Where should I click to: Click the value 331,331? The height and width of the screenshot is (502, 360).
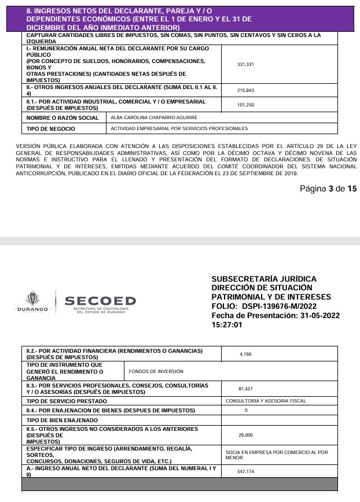[x=246, y=64]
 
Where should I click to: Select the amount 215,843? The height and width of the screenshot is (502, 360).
[x=246, y=91]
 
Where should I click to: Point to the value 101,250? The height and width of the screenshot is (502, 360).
[x=246, y=105]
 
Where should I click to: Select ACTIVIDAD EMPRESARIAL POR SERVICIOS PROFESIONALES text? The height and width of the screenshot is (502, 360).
[x=179, y=128]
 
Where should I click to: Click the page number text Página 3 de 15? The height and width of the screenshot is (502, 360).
[x=328, y=189]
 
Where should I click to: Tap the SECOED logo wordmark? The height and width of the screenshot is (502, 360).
[x=100, y=301]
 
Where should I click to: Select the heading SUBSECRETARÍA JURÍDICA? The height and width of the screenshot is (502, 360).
[x=264, y=279]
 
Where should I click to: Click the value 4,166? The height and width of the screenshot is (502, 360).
[x=246, y=354]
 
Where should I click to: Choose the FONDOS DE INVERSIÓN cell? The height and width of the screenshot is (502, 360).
[x=156, y=371]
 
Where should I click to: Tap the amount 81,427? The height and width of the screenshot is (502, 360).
[x=246, y=389]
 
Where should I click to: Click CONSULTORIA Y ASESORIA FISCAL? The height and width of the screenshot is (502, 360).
[x=266, y=401]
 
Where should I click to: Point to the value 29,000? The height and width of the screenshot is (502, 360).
[x=246, y=435]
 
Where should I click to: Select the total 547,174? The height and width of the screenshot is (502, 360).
[x=246, y=471]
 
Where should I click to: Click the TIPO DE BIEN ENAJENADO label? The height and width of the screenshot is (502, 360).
[x=63, y=420]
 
